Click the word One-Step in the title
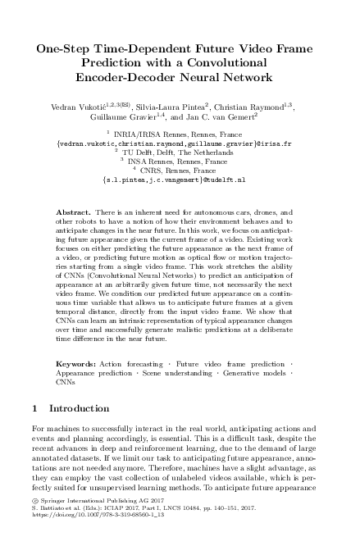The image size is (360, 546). [x=67, y=49]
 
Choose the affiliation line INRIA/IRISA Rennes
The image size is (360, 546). [x=181, y=133]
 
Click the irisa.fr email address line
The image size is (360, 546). [x=180, y=143]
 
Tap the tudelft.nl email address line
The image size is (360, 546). [x=180, y=180]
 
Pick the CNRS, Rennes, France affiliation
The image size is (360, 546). [x=181, y=171]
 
